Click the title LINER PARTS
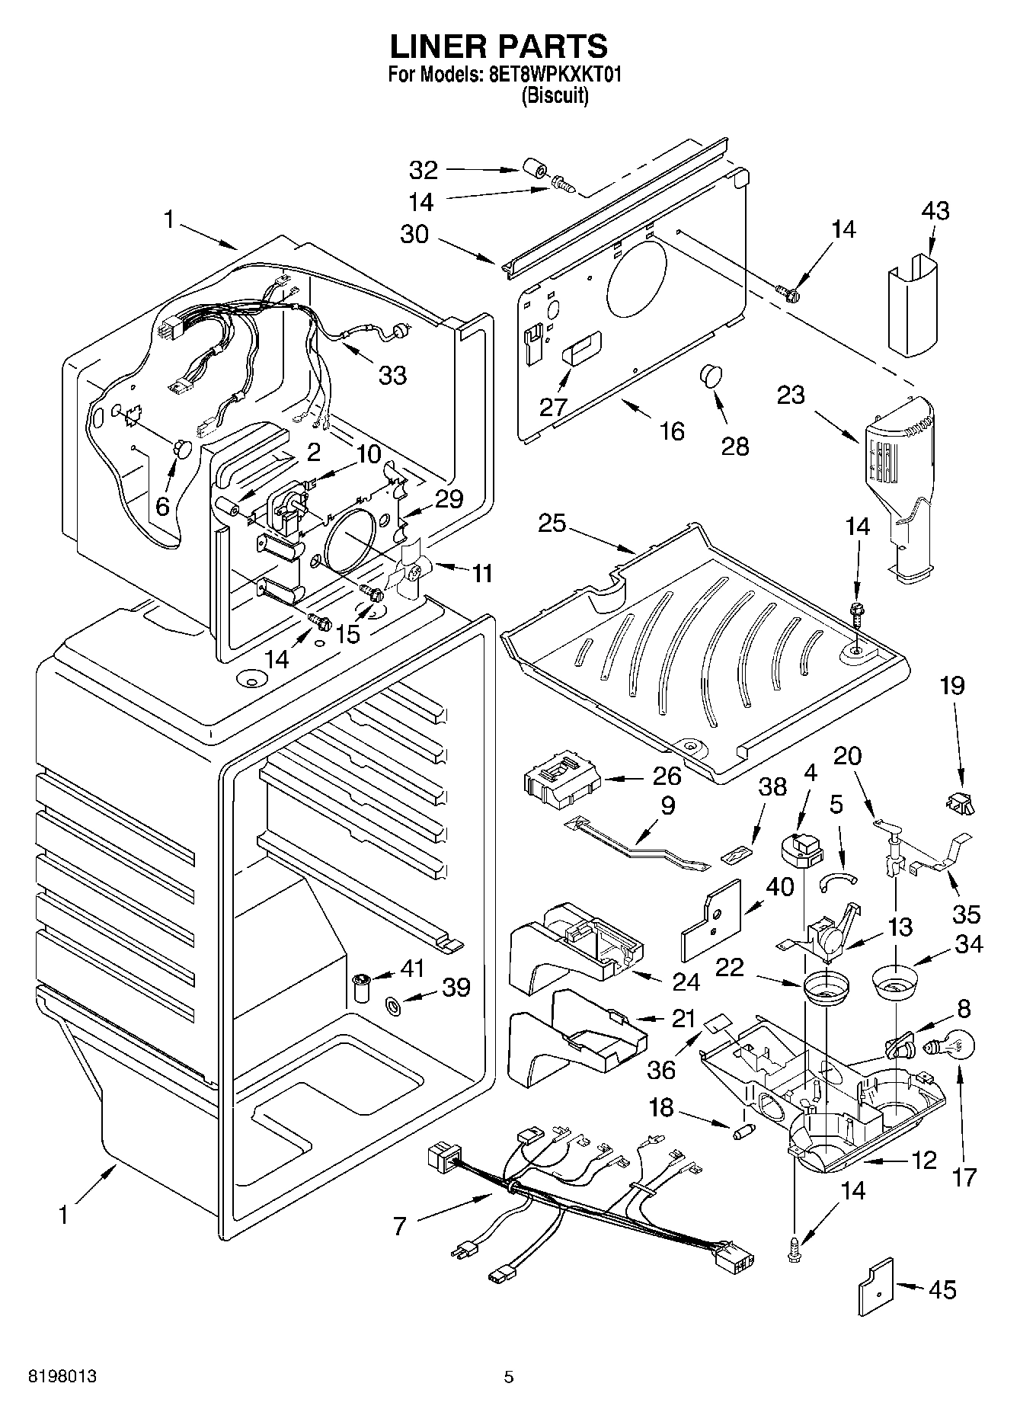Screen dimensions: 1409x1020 click(499, 46)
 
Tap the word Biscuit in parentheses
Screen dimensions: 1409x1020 click(555, 96)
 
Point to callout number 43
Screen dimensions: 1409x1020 click(935, 210)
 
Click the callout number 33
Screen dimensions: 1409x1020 click(393, 375)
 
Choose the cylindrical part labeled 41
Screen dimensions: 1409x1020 click(362, 988)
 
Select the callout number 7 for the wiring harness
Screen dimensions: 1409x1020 click(399, 1226)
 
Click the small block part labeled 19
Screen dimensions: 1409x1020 click(961, 802)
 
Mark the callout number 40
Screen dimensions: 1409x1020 click(780, 887)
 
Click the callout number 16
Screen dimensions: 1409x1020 click(672, 431)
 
